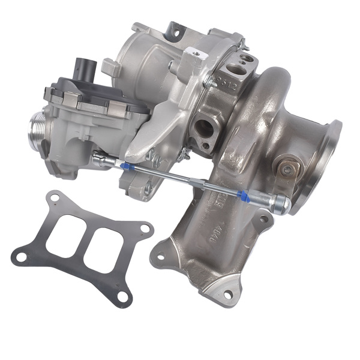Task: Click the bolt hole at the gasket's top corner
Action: [55, 197]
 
